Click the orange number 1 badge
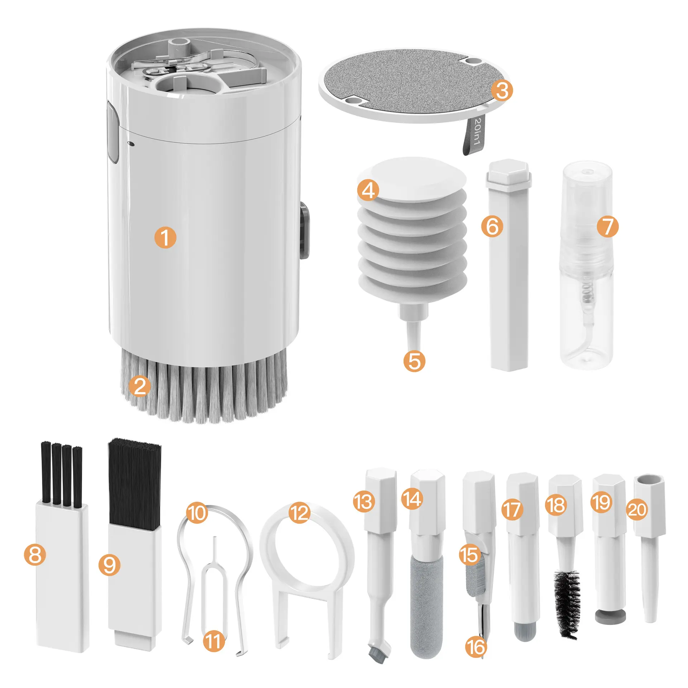click(x=165, y=238)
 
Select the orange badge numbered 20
click(x=637, y=510)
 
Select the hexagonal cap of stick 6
click(x=508, y=174)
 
